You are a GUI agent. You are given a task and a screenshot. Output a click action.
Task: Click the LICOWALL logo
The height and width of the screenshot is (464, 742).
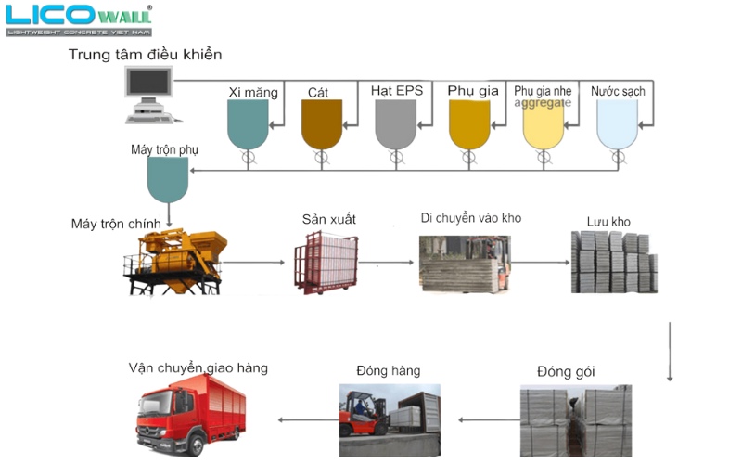(x=78, y=19)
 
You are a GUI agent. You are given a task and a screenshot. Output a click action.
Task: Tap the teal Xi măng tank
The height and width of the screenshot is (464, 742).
(x=248, y=124)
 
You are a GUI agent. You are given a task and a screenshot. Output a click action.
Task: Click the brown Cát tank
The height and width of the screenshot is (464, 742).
(x=321, y=124)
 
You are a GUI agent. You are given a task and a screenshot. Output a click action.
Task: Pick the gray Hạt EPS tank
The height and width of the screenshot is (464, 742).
(x=395, y=124)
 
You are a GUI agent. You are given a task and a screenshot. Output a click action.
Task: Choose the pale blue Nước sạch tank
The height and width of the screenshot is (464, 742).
(x=618, y=124)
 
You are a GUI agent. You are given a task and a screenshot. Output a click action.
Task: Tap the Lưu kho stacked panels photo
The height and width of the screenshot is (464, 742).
(x=613, y=261)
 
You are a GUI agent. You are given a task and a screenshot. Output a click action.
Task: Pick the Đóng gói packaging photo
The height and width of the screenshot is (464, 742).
(x=575, y=419)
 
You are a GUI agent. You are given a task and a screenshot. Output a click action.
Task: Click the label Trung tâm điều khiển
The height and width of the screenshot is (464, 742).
(x=146, y=55)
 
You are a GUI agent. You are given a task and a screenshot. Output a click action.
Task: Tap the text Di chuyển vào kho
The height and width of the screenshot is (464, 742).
(x=471, y=218)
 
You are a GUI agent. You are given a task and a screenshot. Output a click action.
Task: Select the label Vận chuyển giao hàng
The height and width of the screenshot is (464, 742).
(x=198, y=368)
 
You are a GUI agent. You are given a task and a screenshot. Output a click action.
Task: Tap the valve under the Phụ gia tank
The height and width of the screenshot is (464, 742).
(x=469, y=159)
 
